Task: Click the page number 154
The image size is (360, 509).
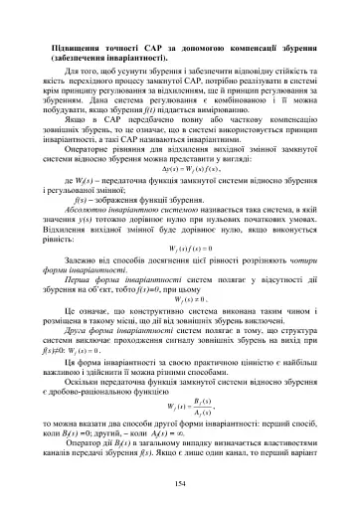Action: click(x=180, y=483)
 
